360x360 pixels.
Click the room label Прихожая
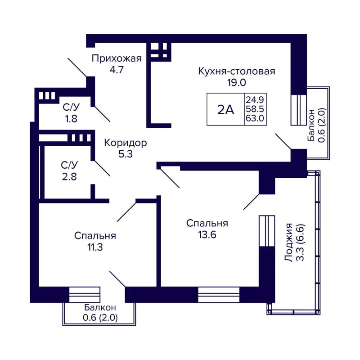pyautogui.click(x=117, y=58)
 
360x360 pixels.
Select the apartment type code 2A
pyautogui.click(x=225, y=109)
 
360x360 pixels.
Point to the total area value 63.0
pyautogui.click(x=254, y=119)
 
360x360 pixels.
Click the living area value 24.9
pyautogui.click(x=254, y=99)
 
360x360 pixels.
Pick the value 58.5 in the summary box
pyautogui.click(x=254, y=109)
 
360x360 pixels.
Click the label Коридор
pyautogui.click(x=125, y=143)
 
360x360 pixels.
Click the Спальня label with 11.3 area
pyautogui.click(x=95, y=235)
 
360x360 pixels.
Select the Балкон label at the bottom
pyautogui.click(x=100, y=307)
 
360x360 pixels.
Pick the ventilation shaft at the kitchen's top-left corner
pyautogui.click(x=159, y=51)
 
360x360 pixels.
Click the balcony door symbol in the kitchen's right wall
pyautogui.click(x=298, y=109)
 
